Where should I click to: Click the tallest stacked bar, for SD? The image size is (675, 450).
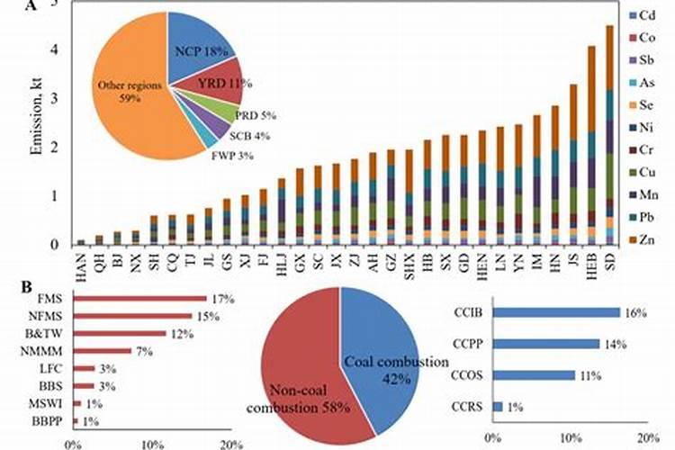click(609, 135)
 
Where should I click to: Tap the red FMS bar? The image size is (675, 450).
click(139, 298)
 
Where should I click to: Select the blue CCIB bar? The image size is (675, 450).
click(555, 312)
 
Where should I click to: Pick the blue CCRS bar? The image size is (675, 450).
click(498, 407)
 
